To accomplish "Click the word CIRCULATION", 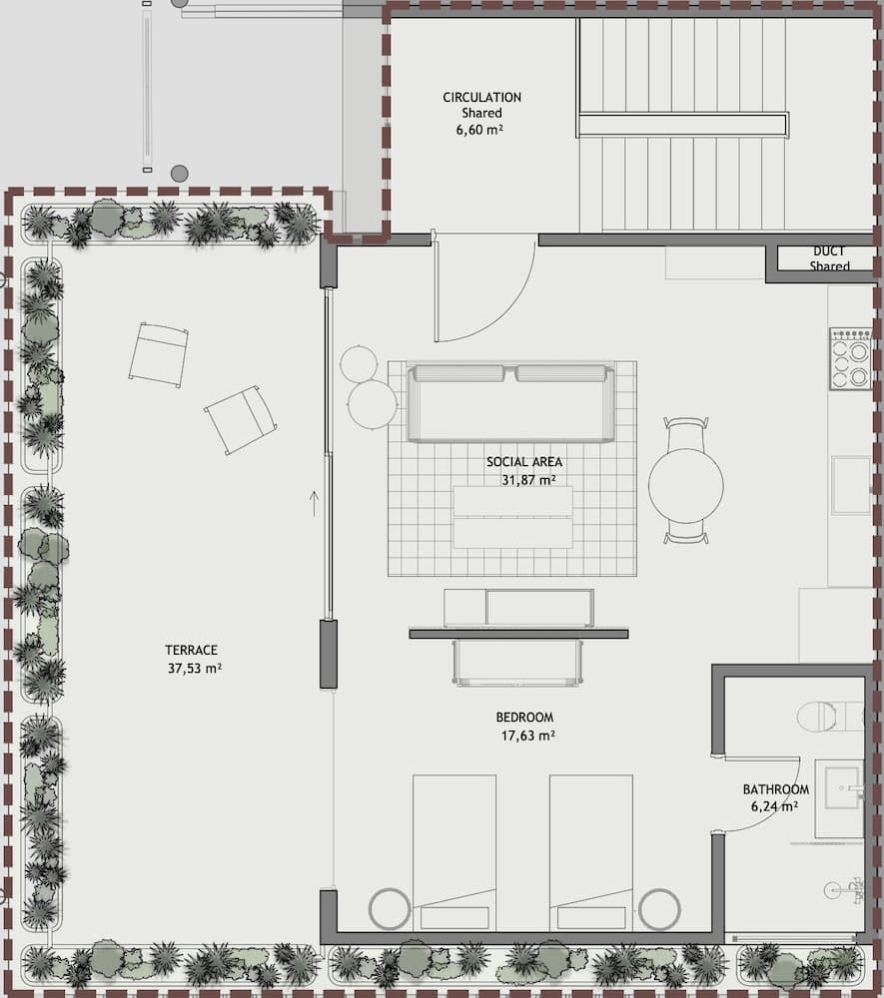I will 482,98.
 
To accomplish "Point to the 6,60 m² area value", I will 481,130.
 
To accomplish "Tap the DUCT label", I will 829,252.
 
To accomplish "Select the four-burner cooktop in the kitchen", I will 849,359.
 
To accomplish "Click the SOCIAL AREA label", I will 524,462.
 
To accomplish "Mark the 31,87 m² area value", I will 528,480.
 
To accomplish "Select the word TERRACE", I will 194,650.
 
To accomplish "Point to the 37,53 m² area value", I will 195,669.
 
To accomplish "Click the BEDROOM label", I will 524,718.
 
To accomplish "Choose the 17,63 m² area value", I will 527,737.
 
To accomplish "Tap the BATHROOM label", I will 775,789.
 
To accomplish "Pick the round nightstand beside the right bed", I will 659,909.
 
